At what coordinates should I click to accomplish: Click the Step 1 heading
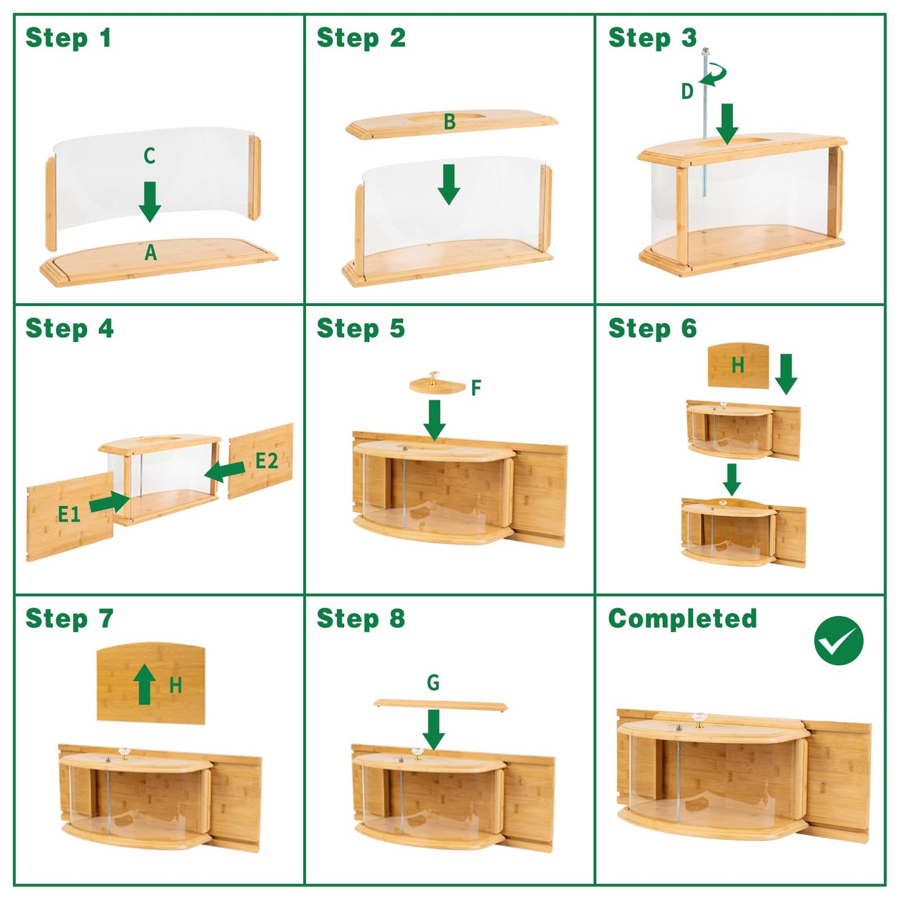pyautogui.click(x=68, y=37)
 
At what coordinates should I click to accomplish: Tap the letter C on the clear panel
pyautogui.click(x=149, y=156)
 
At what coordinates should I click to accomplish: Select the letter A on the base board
pyautogui.click(x=150, y=253)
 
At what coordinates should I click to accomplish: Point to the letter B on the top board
pyautogui.click(x=449, y=122)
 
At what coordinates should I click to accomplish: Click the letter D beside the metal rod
pyautogui.click(x=687, y=91)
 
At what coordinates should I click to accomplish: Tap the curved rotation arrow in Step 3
pyautogui.click(x=714, y=75)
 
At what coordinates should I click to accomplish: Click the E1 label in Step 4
pyautogui.click(x=69, y=514)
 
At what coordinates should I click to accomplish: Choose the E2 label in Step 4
pyautogui.click(x=266, y=461)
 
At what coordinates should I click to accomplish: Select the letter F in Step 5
pyautogui.click(x=476, y=388)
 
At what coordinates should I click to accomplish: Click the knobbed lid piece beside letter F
pyautogui.click(x=437, y=383)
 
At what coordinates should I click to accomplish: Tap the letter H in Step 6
pyautogui.click(x=738, y=365)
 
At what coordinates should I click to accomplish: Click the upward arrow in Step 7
pyautogui.click(x=145, y=684)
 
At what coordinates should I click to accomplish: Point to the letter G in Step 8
pyautogui.click(x=433, y=682)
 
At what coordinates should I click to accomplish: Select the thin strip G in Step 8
pyautogui.click(x=440, y=705)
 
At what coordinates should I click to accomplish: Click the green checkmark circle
pyautogui.click(x=839, y=640)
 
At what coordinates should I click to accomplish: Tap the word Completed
pyautogui.click(x=682, y=618)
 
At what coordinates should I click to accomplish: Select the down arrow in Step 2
pyautogui.click(x=449, y=185)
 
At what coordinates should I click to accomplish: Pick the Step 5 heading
pyautogui.click(x=361, y=328)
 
